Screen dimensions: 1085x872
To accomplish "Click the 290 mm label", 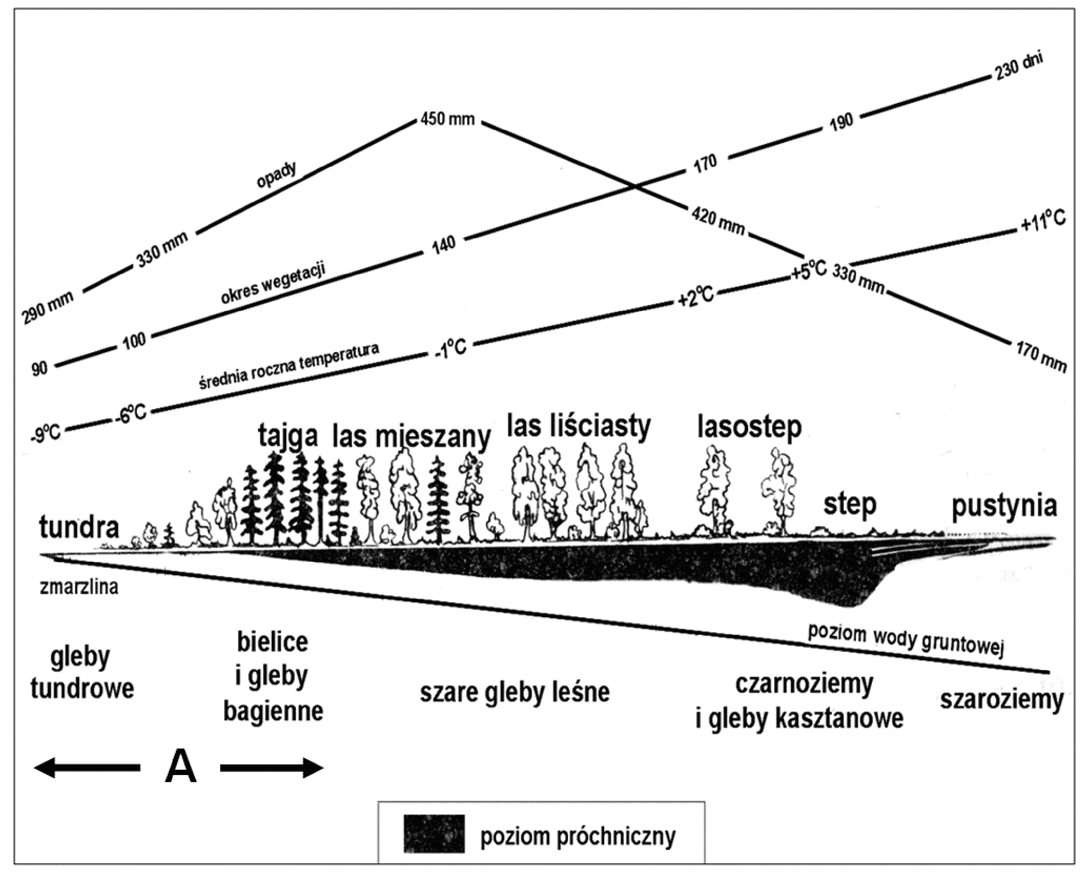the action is point(48,308).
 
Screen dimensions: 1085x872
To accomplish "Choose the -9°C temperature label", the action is point(45,433).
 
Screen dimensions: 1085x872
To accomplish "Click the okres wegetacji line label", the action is point(273,283).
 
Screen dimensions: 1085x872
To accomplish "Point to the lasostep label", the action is point(749,429).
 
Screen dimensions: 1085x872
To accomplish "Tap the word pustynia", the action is point(1004,507).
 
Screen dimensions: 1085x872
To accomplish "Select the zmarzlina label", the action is point(79,587).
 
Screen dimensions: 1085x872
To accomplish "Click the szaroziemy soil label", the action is point(1002,699).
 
